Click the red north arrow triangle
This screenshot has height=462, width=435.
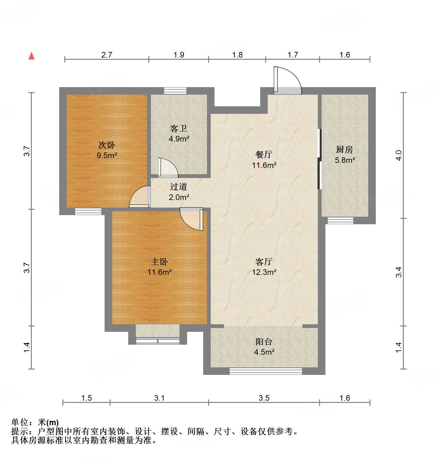pyautogui.click(x=31, y=56)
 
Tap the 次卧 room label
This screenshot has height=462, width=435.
pyautogui.click(x=107, y=145)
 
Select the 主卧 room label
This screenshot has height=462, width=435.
pyautogui.click(x=159, y=262)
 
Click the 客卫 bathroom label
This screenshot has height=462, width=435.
pyautogui.click(x=179, y=128)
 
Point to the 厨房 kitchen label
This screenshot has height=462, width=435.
pyautogui.click(x=345, y=150)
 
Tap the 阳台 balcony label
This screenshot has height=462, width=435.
pyautogui.click(x=264, y=342)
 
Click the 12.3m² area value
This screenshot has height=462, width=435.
pyautogui.click(x=264, y=272)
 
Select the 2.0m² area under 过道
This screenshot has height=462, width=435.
pyautogui.click(x=179, y=197)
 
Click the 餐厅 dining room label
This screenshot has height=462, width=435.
pyautogui.click(x=264, y=154)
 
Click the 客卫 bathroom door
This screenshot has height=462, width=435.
pyautogui.click(x=168, y=168)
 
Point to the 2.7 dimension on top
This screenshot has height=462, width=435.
pyautogui.click(x=107, y=55)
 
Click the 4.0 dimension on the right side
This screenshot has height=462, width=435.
pyautogui.click(x=399, y=155)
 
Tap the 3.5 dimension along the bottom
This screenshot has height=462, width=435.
pyautogui.click(x=264, y=398)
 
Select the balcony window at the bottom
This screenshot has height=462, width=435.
pyautogui.click(x=265, y=371)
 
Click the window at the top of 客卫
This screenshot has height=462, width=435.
pyautogui.click(x=175, y=91)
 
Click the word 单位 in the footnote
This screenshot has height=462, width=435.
pyautogui.click(x=20, y=422)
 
